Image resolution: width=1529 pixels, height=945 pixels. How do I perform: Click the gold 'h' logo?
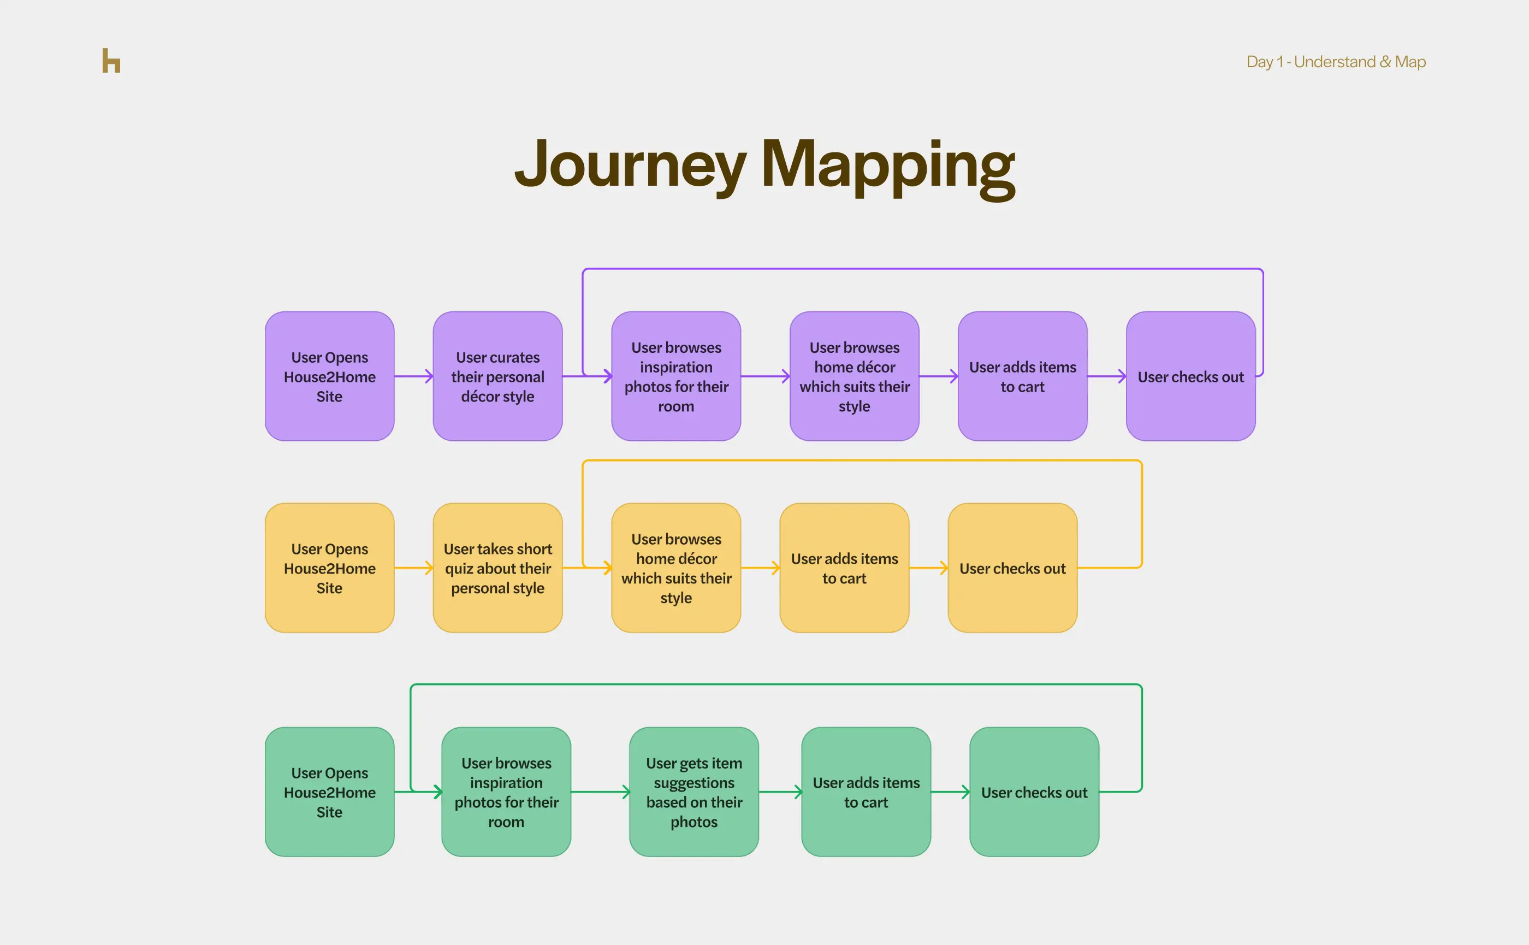[x=111, y=61]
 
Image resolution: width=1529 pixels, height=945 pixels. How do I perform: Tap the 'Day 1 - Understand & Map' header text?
[x=1335, y=62]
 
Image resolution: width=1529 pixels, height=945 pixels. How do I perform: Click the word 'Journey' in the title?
[x=630, y=164]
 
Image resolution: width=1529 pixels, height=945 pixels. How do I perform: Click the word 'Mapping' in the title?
[x=887, y=165]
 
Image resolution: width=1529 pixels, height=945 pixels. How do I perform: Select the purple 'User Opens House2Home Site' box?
[x=329, y=376]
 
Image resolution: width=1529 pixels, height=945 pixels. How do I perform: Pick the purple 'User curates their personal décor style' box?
[x=497, y=376]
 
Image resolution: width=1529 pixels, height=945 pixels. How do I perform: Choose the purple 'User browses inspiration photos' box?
[x=676, y=376]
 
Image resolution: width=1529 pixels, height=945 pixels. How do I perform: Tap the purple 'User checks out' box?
[x=1190, y=376]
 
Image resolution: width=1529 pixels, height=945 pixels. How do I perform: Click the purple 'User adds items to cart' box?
[x=1022, y=376]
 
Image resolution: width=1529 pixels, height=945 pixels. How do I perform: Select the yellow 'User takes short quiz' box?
[x=497, y=568]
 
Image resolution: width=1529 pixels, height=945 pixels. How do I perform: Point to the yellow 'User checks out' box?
[x=1012, y=568]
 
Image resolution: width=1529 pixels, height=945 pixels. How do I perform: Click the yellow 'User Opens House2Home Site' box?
[x=329, y=568]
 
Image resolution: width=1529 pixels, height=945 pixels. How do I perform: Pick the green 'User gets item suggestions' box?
[x=694, y=792]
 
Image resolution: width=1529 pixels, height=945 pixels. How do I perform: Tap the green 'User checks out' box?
[x=1034, y=792]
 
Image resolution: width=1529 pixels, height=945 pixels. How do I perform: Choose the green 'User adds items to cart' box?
[x=866, y=792]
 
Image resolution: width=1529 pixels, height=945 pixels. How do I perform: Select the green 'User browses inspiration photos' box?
[x=506, y=792]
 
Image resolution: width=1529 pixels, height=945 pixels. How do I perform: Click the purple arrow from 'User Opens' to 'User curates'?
[x=413, y=376]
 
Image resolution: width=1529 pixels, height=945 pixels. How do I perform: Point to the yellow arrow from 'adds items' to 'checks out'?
[x=928, y=568]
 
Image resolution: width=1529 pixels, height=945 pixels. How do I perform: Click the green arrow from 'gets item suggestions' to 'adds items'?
[x=780, y=792]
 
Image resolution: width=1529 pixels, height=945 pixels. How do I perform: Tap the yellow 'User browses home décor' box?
[x=676, y=568]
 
